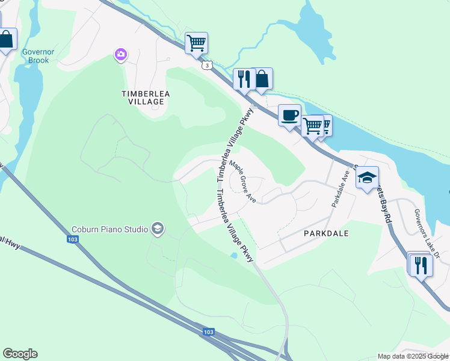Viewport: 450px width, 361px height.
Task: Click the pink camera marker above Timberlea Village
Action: [x=121, y=55]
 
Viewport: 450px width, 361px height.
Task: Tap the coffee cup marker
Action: [x=289, y=115]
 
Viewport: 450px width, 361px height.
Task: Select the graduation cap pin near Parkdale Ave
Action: [x=367, y=177]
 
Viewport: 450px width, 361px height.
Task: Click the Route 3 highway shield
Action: [x=207, y=65]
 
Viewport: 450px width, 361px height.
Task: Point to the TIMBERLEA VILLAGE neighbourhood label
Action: [x=143, y=97]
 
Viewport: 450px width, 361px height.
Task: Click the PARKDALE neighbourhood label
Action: [x=326, y=232]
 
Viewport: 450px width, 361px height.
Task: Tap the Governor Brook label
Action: [x=39, y=56]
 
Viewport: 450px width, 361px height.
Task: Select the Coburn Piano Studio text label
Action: [x=110, y=229]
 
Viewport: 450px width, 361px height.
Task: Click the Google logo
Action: [x=20, y=354]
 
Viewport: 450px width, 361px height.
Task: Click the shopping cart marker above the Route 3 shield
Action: [x=196, y=43]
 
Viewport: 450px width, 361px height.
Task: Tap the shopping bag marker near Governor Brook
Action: [x=6, y=40]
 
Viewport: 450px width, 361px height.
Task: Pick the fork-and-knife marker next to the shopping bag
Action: [x=243, y=79]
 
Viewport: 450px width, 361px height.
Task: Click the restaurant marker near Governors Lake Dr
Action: [x=420, y=265]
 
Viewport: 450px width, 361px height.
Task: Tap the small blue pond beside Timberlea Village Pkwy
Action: [x=233, y=256]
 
